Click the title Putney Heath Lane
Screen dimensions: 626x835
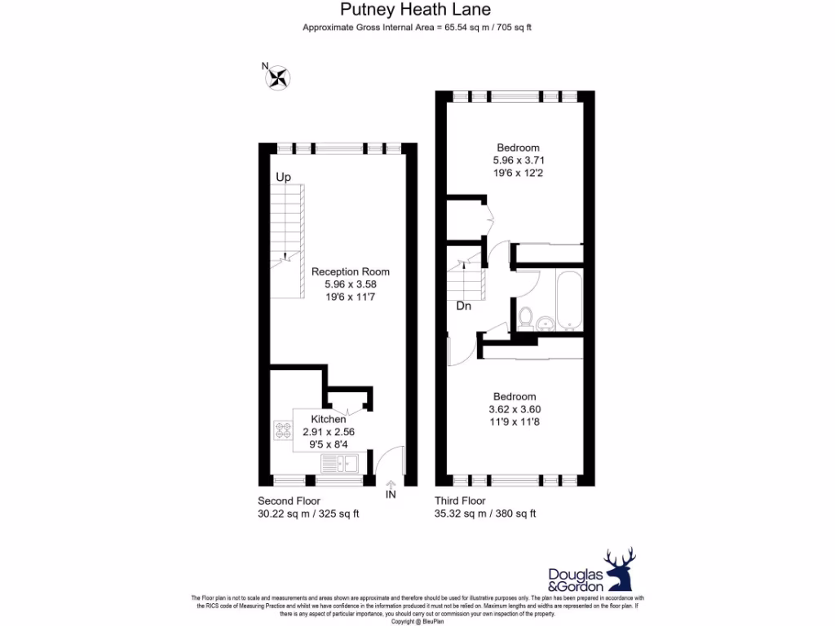click(x=416, y=10)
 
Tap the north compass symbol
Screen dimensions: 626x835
click(x=278, y=77)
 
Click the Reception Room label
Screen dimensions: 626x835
click(x=351, y=271)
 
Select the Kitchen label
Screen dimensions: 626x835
click(x=329, y=419)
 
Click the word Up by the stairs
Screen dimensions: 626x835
click(x=283, y=177)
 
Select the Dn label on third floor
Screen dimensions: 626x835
click(x=463, y=306)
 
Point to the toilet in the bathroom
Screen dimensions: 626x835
click(x=526, y=315)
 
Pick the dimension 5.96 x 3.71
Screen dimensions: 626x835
click(x=518, y=161)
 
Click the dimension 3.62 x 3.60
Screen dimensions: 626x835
click(x=515, y=409)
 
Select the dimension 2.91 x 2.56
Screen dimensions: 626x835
click(x=329, y=432)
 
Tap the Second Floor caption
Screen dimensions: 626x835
click(x=289, y=500)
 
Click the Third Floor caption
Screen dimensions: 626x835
click(x=460, y=500)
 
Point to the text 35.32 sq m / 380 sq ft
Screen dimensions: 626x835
click(x=484, y=514)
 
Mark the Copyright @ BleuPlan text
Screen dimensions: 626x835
click(x=417, y=621)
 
